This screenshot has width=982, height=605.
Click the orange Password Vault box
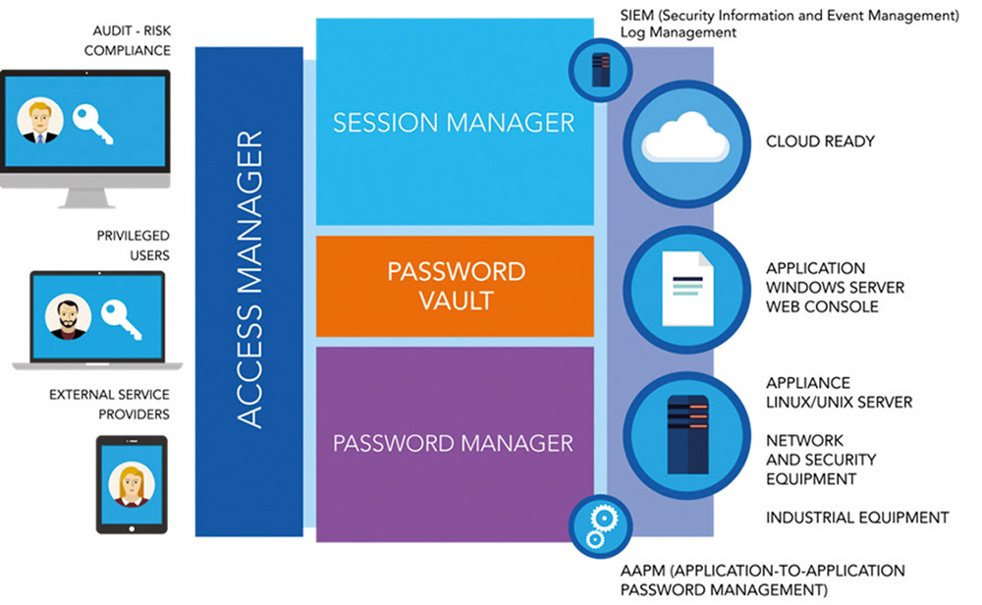(455, 286)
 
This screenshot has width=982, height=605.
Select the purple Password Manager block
(455, 444)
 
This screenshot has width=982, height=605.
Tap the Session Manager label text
(454, 123)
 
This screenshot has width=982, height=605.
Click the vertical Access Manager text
(249, 279)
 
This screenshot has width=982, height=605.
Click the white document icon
(687, 289)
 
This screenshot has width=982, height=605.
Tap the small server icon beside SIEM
(601, 69)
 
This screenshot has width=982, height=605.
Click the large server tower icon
(687, 435)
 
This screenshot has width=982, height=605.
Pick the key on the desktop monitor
(92, 124)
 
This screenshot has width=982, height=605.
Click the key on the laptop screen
(122, 319)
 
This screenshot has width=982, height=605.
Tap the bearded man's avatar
(68, 317)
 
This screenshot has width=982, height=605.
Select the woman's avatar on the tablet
(132, 485)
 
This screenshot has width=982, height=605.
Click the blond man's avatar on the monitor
(40, 120)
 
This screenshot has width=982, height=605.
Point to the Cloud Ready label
(820, 141)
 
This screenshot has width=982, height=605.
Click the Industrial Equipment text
(856, 518)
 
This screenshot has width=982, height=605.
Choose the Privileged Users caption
(133, 246)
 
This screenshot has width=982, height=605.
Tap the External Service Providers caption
(109, 405)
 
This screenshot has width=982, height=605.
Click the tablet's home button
(132, 528)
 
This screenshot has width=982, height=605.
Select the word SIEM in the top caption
(636, 16)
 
